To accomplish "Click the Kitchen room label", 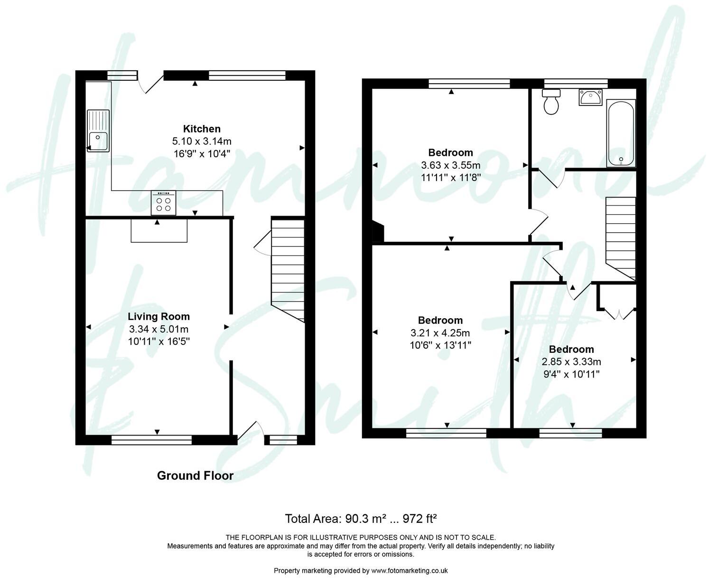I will point(202,129).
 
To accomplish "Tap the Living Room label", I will point(158,316).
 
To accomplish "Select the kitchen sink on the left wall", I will point(98,131).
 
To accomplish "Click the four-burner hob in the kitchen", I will point(163,203).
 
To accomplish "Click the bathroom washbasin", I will point(590,97).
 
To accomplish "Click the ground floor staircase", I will point(288,268).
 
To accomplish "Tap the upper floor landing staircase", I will point(620,237).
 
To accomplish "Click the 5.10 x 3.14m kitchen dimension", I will point(202,141).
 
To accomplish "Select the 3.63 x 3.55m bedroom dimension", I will point(450,165).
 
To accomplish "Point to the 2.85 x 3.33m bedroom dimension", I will point(571,361).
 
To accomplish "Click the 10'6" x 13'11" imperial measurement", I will point(440,345).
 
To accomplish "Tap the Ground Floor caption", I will point(195,475).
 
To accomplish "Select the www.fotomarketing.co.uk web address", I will point(409,570).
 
